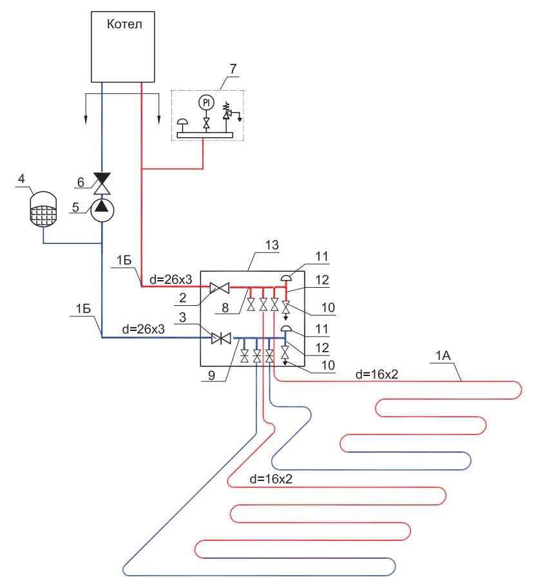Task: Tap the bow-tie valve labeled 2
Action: [220, 287]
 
